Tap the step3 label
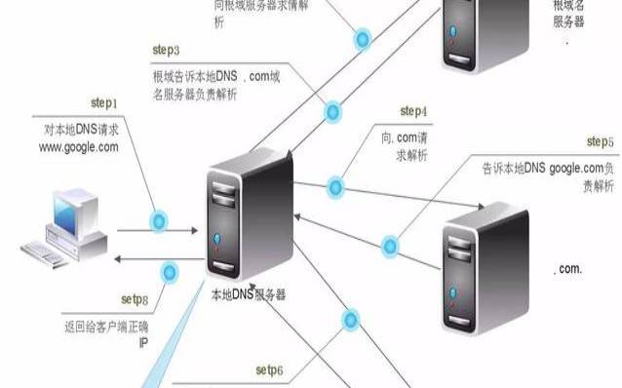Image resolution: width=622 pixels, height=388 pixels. pyautogui.click(x=166, y=49)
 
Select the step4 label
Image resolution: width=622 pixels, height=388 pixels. pyautogui.click(x=413, y=111)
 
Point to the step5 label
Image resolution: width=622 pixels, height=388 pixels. pyautogui.click(x=599, y=143)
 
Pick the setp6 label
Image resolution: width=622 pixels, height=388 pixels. pyautogui.click(x=269, y=370)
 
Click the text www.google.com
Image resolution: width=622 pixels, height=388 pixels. pyautogui.click(x=78, y=147)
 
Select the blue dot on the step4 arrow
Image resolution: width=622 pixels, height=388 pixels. pyautogui.click(x=336, y=184)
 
